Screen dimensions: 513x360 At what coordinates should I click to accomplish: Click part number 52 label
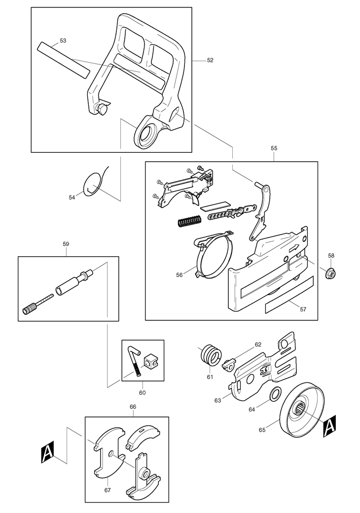tap(210, 60)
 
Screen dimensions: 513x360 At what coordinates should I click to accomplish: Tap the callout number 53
tap(63, 40)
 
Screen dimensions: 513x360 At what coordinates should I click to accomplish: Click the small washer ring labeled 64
tap(276, 394)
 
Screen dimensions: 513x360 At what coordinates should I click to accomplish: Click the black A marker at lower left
tap(47, 452)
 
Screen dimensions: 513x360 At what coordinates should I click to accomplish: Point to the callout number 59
tap(66, 243)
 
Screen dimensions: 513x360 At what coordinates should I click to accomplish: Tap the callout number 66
tap(133, 407)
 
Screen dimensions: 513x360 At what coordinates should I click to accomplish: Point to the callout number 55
tap(274, 147)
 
